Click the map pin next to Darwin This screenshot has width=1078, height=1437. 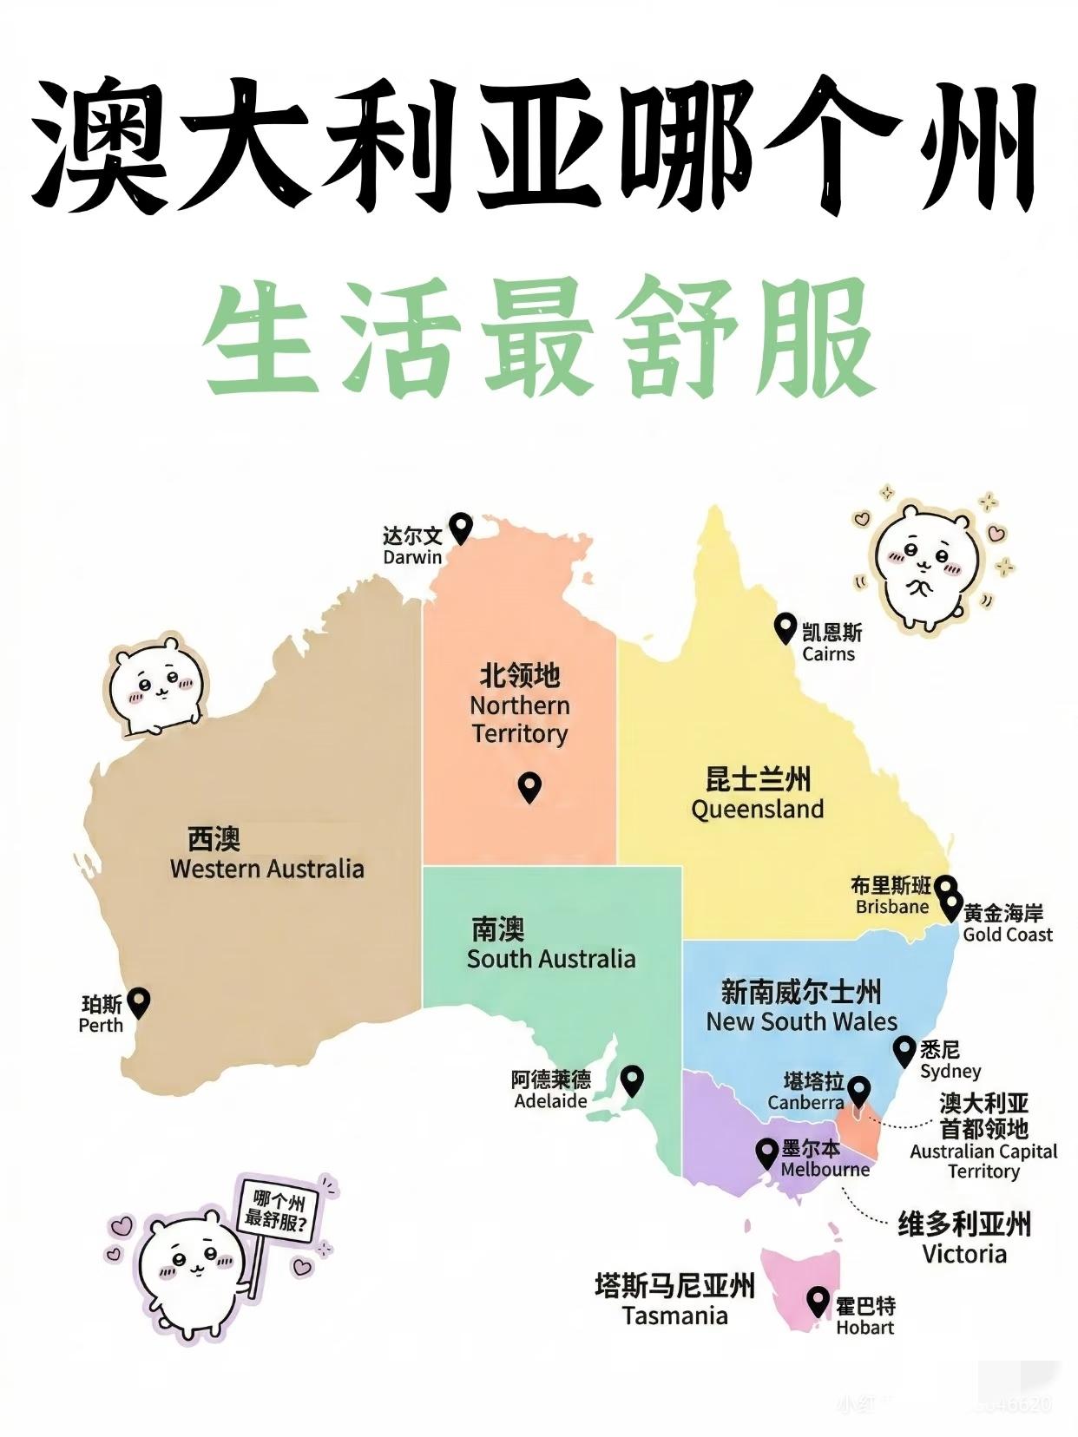[461, 526]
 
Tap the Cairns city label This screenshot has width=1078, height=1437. [829, 643]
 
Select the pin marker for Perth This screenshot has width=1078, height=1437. [139, 1001]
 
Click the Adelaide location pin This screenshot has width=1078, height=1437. [632, 1079]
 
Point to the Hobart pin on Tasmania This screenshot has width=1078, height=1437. [818, 1301]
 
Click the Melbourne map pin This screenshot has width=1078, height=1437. [766, 1152]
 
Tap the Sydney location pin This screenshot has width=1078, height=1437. [905, 1050]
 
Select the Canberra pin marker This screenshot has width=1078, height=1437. [858, 1089]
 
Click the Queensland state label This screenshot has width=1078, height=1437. [758, 809]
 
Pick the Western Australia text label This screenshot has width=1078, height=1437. [266, 869]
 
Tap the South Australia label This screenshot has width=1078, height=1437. [551, 958]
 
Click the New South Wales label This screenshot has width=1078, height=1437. [801, 1020]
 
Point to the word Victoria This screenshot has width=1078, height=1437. [964, 1254]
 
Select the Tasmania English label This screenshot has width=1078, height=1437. [674, 1316]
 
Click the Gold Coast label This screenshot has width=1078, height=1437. [1007, 935]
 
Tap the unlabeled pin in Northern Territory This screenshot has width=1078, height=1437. [529, 786]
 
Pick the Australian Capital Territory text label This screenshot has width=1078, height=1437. [983, 1161]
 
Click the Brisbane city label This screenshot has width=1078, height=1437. [891, 906]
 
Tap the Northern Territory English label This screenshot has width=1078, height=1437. [520, 719]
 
